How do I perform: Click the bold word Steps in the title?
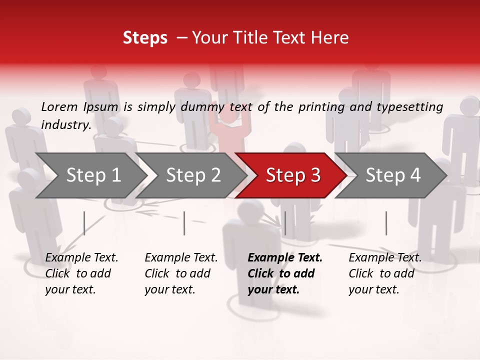[x=145, y=38]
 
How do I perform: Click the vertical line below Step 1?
[x=84, y=223]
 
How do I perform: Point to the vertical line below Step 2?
[x=184, y=223]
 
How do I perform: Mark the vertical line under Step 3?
[x=285, y=223]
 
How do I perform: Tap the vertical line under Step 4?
[x=386, y=223]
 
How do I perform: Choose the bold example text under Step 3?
[x=284, y=273]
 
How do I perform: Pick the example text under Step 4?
[x=385, y=273]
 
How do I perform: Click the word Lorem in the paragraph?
[x=59, y=106]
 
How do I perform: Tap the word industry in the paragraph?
[x=65, y=124]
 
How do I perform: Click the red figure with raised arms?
[x=229, y=127]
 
